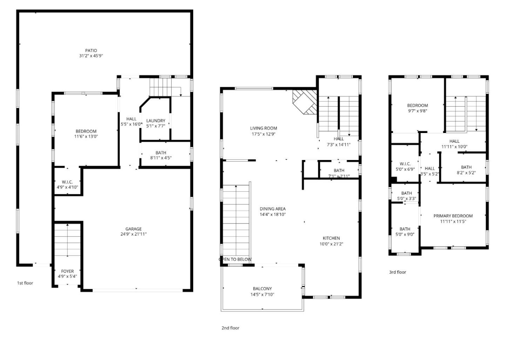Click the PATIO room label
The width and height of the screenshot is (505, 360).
(91, 51)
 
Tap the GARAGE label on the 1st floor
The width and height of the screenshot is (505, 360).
(134, 229)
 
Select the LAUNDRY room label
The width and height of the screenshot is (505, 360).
(156, 121)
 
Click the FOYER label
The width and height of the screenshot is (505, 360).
(67, 271)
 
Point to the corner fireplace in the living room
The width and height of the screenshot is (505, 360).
(304, 102)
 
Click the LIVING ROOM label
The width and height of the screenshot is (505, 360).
(263, 128)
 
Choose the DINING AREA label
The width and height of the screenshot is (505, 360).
(272, 209)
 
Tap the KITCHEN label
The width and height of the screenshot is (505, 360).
(331, 238)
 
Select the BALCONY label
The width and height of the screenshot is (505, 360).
(262, 289)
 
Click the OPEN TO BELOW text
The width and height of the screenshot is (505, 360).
(235, 260)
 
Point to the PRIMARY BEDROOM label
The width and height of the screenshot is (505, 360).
(453, 216)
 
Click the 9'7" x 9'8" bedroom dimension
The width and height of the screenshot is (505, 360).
(417, 111)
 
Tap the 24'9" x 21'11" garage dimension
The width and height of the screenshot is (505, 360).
(134, 234)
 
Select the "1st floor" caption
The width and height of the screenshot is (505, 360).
(25, 283)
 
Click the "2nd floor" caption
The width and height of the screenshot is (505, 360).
(230, 328)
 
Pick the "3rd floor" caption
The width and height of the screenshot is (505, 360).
(397, 272)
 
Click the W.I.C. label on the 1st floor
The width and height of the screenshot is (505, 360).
(67, 182)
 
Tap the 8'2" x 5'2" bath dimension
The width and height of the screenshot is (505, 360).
(466, 173)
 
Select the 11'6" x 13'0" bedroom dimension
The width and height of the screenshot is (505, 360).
(86, 136)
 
